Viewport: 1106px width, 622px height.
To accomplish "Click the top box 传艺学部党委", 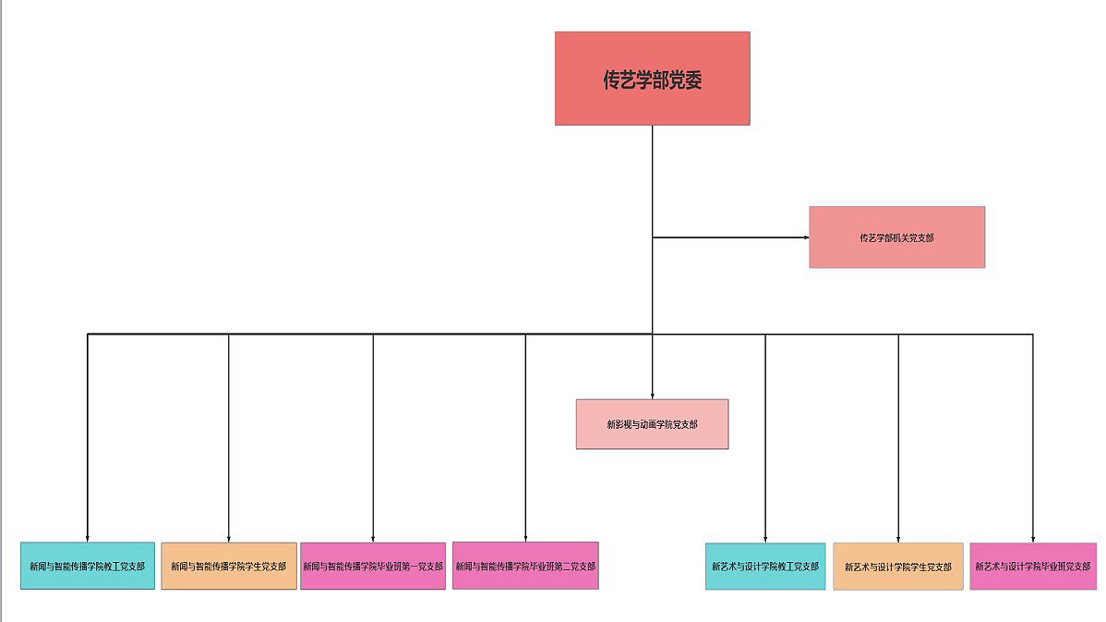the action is pos(653,79).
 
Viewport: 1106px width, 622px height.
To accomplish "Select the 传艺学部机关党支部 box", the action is pos(897,238).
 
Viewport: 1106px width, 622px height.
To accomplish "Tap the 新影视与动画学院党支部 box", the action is pos(653,424).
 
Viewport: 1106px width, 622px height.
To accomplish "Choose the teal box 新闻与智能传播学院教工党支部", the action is pos(88,566).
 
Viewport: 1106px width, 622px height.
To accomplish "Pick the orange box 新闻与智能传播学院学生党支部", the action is pos(229,566).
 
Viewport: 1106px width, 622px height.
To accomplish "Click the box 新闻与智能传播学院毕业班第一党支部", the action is pos(373,566).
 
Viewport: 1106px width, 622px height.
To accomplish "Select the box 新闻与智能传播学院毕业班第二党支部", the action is pos(525,566).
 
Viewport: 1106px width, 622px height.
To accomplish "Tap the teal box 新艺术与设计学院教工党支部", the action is pos(765,567).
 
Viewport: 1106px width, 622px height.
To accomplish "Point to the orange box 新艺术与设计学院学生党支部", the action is pos(898,567).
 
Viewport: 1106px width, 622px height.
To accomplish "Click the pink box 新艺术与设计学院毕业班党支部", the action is pos(1033,567).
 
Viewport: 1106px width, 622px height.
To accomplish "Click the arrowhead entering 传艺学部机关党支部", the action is pos(807,238).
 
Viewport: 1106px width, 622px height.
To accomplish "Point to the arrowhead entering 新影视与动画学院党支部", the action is pos(653,396).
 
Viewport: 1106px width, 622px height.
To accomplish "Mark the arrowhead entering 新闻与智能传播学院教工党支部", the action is pos(88,540).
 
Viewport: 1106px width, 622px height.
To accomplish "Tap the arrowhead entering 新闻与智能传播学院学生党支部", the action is pos(229,540).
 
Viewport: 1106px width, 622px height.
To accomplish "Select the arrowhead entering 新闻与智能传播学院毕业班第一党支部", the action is pos(373,540).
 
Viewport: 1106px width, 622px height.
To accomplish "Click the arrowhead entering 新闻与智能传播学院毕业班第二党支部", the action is pos(525,540).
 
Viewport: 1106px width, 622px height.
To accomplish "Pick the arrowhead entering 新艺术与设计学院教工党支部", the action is pos(765,540).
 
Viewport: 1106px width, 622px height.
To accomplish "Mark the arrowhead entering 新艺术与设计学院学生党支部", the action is pos(898,540).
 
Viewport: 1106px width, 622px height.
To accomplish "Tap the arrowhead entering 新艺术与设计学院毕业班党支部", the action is pos(1033,540).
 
